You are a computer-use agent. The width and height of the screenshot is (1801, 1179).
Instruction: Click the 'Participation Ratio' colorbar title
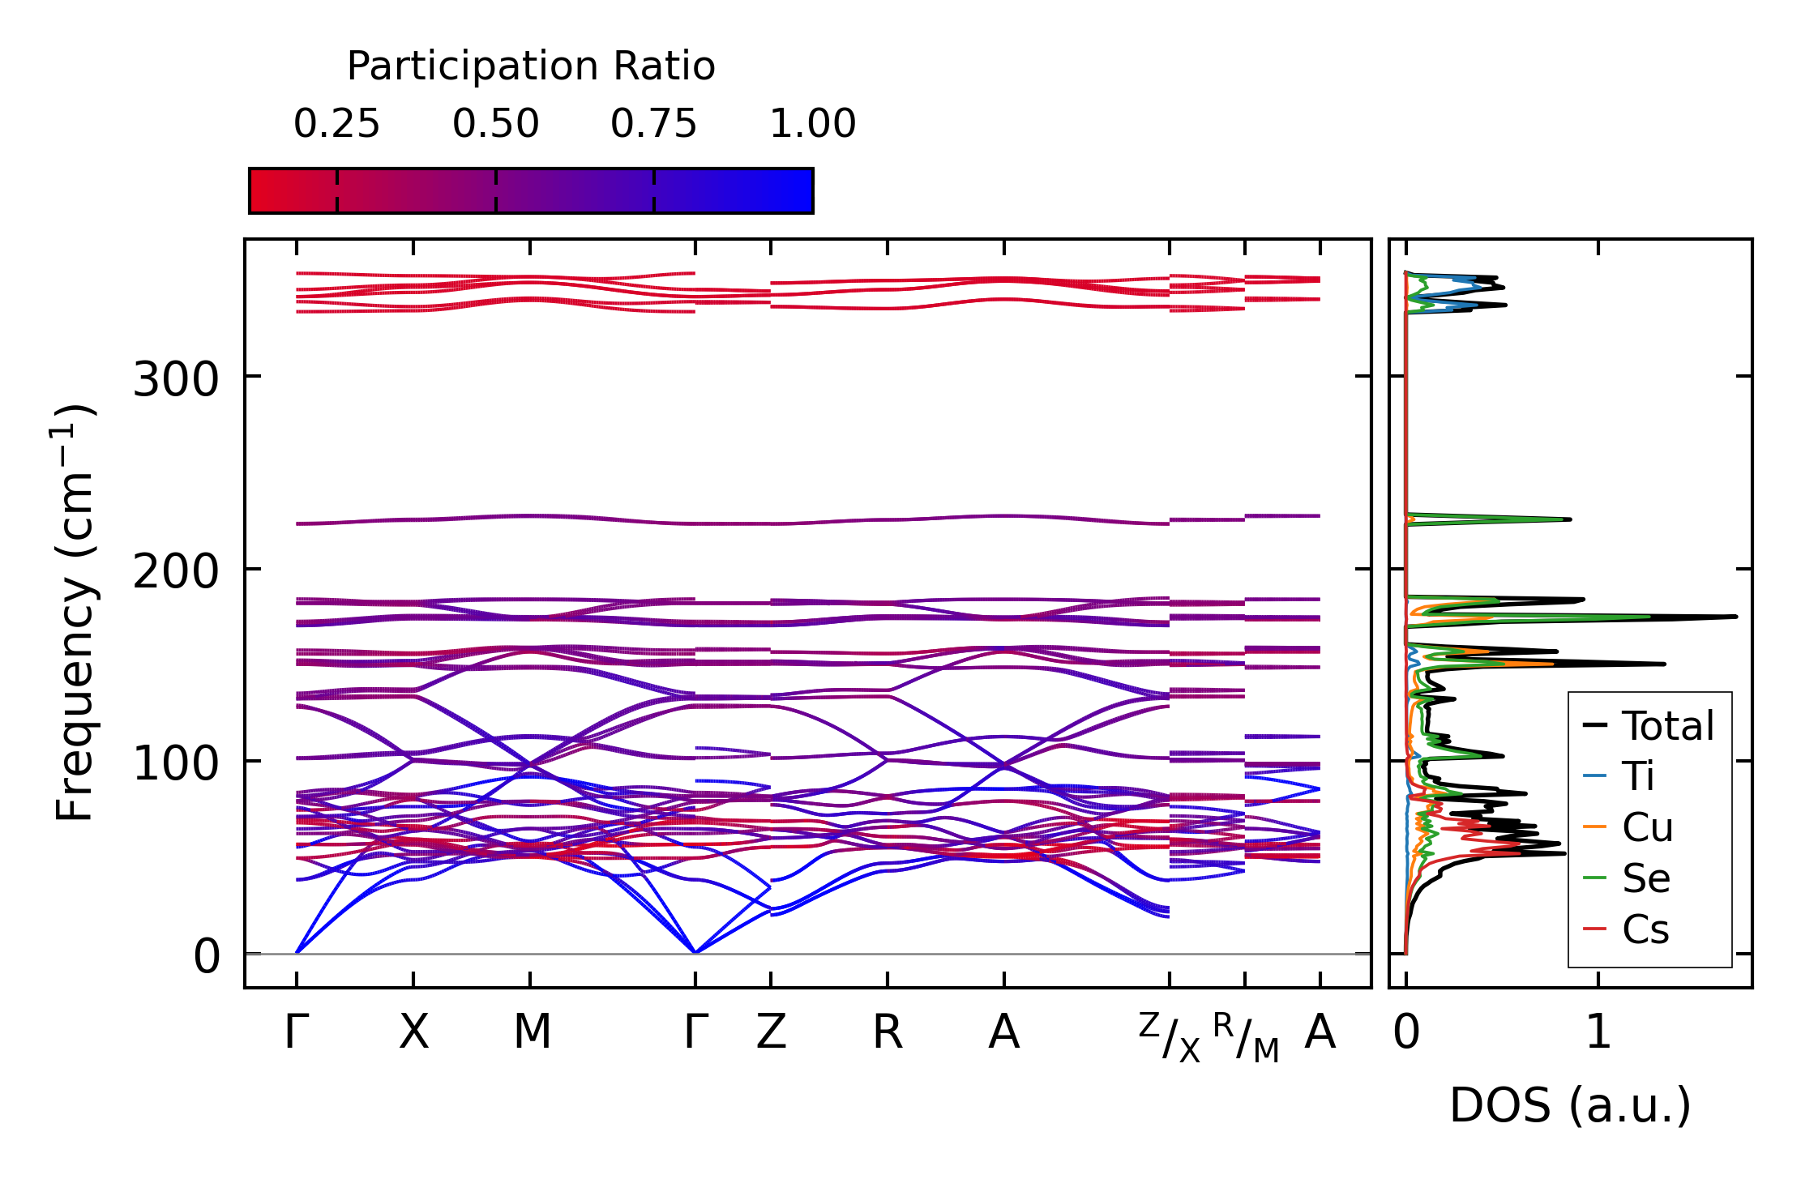pyautogui.click(x=531, y=66)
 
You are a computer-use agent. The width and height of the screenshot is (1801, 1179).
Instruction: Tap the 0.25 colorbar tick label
pyautogui.click(x=336, y=124)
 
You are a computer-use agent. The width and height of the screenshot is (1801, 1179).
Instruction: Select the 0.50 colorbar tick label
pyautogui.click(x=495, y=124)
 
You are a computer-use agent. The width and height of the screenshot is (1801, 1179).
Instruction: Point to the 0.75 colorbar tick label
pyautogui.click(x=653, y=124)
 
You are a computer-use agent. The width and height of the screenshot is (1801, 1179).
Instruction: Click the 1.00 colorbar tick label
pyautogui.click(x=812, y=124)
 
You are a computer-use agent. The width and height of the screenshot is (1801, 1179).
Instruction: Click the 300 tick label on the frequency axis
pyautogui.click(x=176, y=378)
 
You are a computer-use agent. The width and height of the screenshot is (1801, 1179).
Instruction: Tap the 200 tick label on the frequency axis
pyautogui.click(x=176, y=571)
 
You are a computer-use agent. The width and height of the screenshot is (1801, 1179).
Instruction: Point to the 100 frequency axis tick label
pyautogui.click(x=176, y=763)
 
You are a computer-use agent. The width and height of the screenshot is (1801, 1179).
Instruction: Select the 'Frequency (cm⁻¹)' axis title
pyautogui.click(x=75, y=612)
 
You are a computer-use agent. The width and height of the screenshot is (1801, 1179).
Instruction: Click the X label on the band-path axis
pyautogui.click(x=413, y=1033)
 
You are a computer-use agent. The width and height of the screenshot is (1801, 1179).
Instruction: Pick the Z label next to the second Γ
pyautogui.click(x=771, y=1033)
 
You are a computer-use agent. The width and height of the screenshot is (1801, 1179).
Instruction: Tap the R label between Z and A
pyautogui.click(x=888, y=1033)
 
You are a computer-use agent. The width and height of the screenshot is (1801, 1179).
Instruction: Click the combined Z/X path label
pyautogui.click(x=1169, y=1037)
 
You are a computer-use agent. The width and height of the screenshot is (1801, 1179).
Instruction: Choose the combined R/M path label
pyautogui.click(x=1246, y=1037)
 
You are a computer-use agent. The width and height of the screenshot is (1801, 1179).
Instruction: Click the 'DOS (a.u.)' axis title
pyautogui.click(x=1570, y=1106)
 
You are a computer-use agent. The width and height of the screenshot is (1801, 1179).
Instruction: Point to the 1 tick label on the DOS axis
pyautogui.click(x=1598, y=1033)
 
